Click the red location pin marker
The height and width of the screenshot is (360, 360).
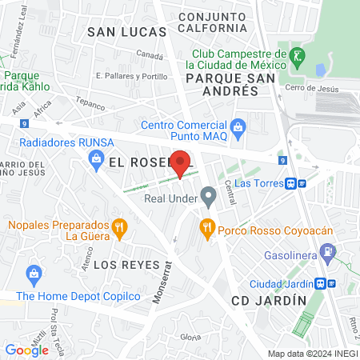pyautogui.click(x=181, y=162)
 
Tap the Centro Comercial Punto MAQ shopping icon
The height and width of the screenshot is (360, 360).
pyautogui.click(x=238, y=126)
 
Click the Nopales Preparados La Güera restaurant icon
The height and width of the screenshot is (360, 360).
pyautogui.click(x=119, y=227)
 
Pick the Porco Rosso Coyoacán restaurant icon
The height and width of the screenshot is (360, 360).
pyautogui.click(x=207, y=227)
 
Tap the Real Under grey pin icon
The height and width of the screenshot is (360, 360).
pyautogui.click(x=209, y=195)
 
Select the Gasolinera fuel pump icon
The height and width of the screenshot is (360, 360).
pyautogui.click(x=328, y=252)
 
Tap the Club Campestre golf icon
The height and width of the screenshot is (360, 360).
pyautogui.click(x=298, y=56)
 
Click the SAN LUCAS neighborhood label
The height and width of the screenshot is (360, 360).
pyautogui.click(x=126, y=32)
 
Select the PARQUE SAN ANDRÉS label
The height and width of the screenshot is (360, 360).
pyautogui.click(x=222, y=85)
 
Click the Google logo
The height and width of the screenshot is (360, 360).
pyautogui.click(x=26, y=350)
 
